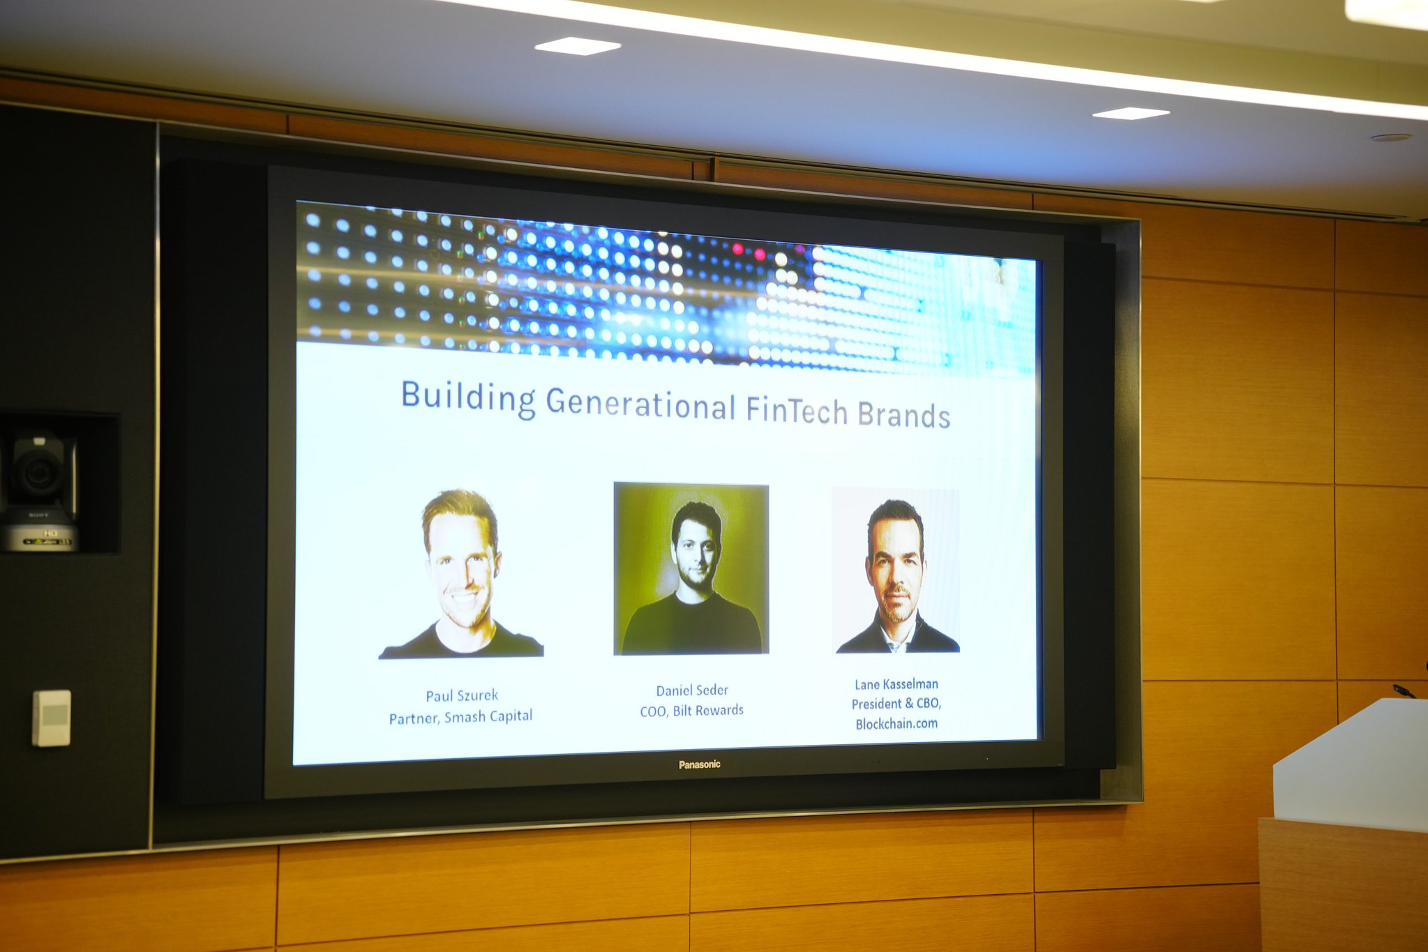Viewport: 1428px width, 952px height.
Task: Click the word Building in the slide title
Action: coord(468,398)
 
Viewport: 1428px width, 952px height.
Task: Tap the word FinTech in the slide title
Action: coord(797,410)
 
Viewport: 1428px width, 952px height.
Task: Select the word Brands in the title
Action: coord(904,414)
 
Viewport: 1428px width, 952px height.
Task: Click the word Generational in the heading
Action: coord(640,404)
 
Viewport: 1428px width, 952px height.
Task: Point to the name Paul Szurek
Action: coord(462,695)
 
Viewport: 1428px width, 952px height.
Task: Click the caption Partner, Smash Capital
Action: coord(460,717)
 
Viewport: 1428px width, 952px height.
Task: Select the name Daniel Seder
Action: coord(692,690)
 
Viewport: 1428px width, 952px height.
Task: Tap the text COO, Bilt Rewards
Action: coord(692,711)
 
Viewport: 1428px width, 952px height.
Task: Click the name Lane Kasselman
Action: coord(896,684)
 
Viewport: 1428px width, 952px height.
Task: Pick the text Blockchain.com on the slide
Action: coord(896,724)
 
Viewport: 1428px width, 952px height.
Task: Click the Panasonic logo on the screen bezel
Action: coord(700,764)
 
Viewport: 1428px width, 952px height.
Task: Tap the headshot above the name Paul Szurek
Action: coord(461,573)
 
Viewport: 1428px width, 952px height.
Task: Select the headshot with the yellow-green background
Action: coord(691,569)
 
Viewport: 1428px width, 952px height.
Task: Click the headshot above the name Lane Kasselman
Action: coord(896,571)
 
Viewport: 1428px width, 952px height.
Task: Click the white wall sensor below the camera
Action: coord(52,718)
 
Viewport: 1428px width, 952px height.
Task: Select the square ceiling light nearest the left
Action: coord(578,46)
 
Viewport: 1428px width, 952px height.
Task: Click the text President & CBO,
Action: coord(896,704)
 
